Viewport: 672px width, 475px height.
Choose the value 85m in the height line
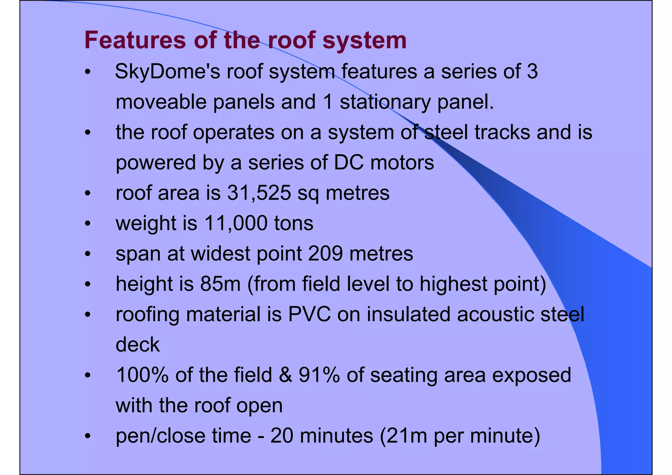[x=220, y=284]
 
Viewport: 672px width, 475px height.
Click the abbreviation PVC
[x=309, y=314]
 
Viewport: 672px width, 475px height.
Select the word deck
[x=138, y=345]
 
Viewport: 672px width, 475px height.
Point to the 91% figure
[x=319, y=375]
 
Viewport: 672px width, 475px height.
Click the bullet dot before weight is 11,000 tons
[x=87, y=224]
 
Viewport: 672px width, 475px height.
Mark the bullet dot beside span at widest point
[x=87, y=254]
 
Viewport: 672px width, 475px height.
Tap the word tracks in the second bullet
[x=502, y=132]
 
